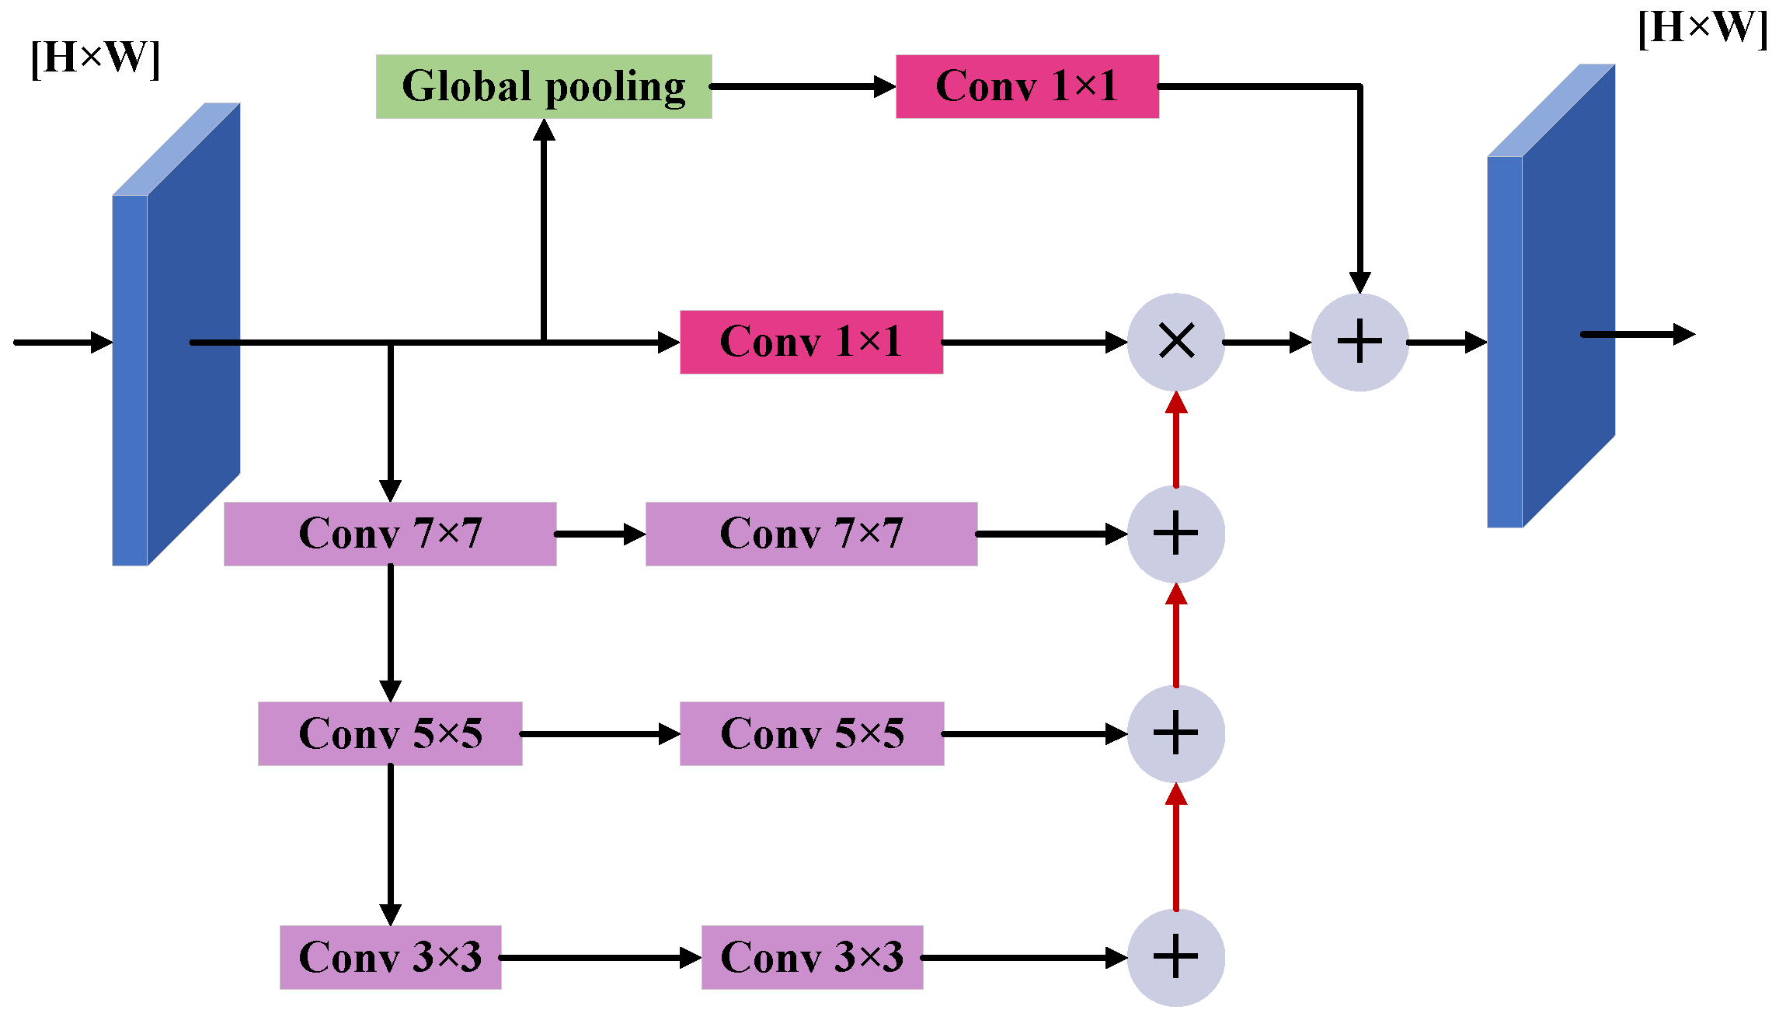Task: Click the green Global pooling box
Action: [x=544, y=86]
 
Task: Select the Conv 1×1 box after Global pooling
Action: [x=1027, y=86]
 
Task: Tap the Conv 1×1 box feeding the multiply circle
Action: [x=811, y=342]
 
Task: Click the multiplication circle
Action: [x=1176, y=342]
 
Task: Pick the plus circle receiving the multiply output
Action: [x=1359, y=342]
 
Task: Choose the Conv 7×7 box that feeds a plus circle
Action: [x=811, y=534]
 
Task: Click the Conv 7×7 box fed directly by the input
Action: [x=390, y=534]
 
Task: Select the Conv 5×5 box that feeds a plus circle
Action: [x=812, y=733]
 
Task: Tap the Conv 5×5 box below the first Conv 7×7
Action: [x=390, y=733]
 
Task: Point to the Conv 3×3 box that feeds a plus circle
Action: [x=812, y=957]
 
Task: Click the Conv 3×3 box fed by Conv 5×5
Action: [x=390, y=957]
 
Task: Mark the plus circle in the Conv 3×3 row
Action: [x=1176, y=957]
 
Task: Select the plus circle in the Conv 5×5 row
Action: [x=1176, y=733]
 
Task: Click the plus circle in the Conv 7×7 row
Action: [x=1176, y=534]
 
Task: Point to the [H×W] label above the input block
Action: [x=96, y=57]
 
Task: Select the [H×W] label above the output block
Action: [x=1702, y=28]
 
